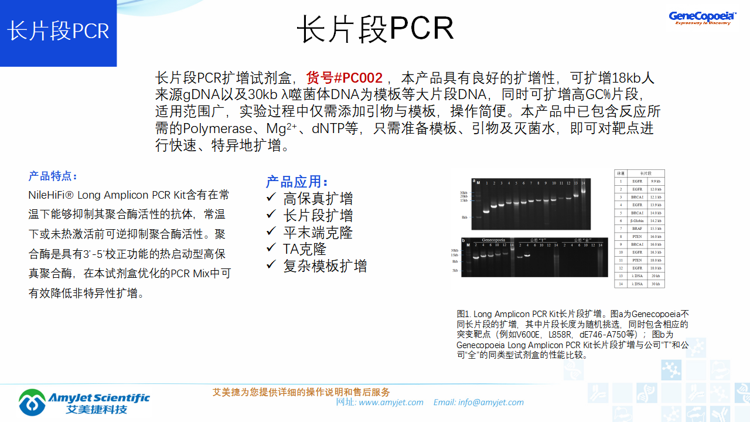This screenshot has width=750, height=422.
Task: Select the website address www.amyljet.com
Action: [391, 402]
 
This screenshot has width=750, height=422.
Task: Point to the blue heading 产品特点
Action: [53, 176]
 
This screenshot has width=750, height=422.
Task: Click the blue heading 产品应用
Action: [297, 182]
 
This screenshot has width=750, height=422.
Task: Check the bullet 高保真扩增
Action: [318, 199]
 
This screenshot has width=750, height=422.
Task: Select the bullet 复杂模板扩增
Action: [325, 266]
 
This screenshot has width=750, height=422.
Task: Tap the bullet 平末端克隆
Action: [318, 232]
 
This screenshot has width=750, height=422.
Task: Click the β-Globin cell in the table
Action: [637, 220]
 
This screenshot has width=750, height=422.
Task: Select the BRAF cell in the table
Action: [637, 229]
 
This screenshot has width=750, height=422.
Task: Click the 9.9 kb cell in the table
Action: [655, 182]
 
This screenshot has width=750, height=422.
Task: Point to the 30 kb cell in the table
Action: [655, 284]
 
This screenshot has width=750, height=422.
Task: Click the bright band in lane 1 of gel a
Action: [486, 211]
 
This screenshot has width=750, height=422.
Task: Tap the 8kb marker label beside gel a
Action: [464, 217]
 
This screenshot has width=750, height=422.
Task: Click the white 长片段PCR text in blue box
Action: [58, 31]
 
